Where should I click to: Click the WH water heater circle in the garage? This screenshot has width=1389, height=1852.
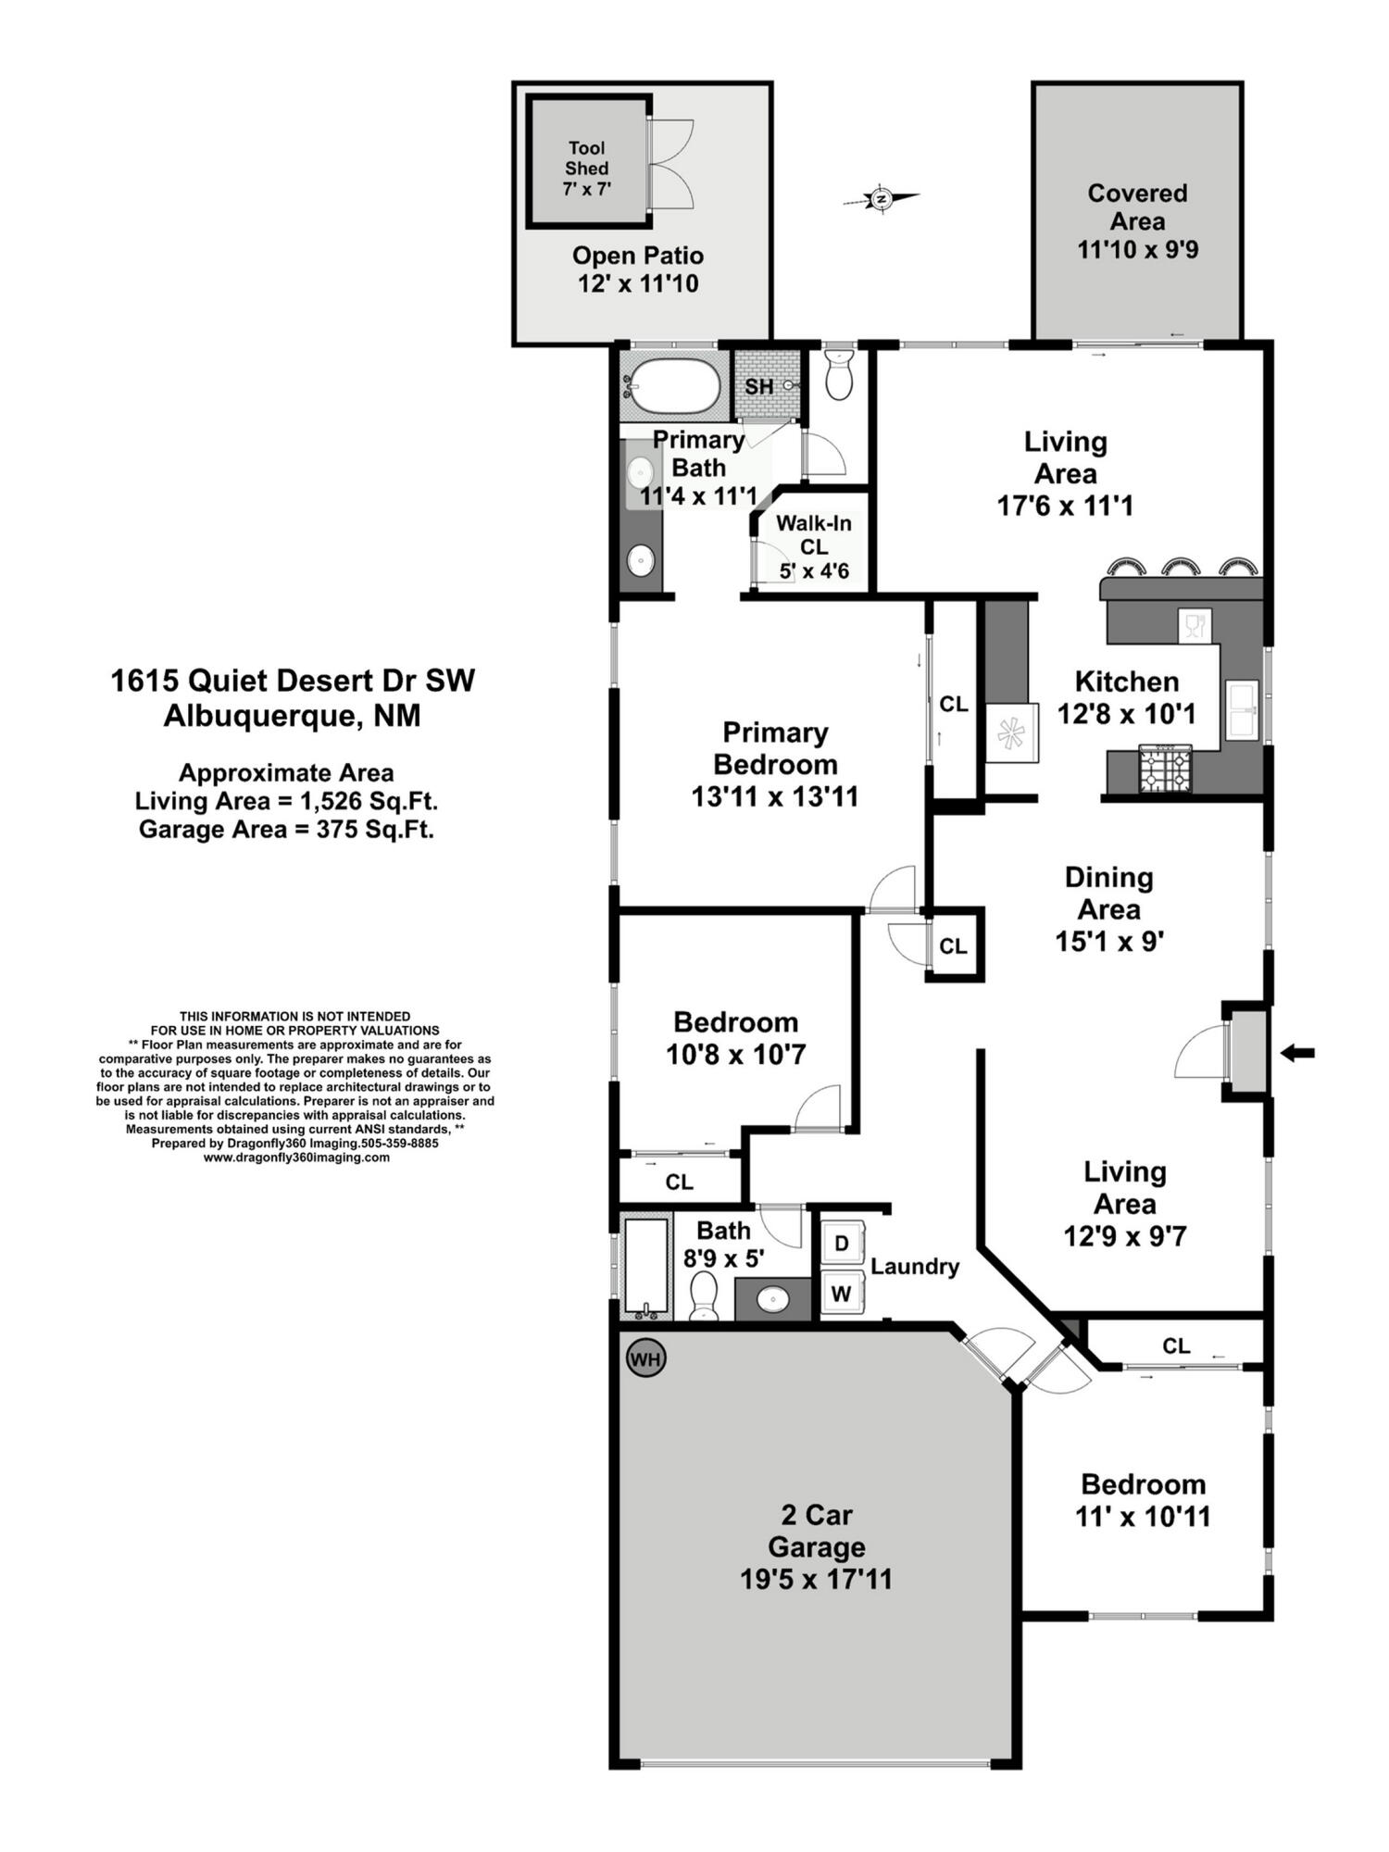tap(645, 1358)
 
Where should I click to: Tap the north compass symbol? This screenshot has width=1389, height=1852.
tap(881, 198)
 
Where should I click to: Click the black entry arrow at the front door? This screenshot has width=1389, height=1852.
tap(1297, 1052)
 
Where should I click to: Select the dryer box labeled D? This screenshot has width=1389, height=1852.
tap(842, 1243)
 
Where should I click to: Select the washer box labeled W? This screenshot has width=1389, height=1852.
tap(842, 1293)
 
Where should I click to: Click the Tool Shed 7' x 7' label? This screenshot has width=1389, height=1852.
tap(587, 168)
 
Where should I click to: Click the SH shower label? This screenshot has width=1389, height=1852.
tap(759, 386)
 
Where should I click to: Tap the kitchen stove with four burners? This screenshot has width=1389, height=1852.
tap(1164, 770)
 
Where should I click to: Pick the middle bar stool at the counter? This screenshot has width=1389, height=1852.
tap(1181, 567)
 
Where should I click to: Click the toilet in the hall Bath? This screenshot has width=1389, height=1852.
tap(704, 1293)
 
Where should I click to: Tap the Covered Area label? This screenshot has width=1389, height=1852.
tap(1137, 207)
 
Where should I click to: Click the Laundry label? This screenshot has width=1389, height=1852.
tap(914, 1266)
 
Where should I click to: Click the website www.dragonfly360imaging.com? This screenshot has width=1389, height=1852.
tap(296, 1157)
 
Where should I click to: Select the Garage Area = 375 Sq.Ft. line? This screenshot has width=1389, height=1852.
tap(286, 829)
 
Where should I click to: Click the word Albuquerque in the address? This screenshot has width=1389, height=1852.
tap(263, 716)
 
